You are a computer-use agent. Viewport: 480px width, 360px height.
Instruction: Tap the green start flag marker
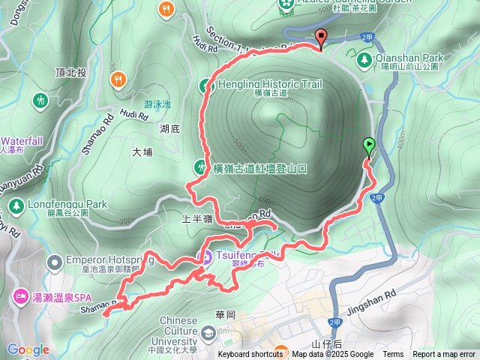(368, 145)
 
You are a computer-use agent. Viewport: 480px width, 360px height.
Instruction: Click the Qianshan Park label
(410, 58)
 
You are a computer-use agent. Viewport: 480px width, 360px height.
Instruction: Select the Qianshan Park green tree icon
(365, 58)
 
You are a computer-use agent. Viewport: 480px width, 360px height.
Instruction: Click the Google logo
(28, 349)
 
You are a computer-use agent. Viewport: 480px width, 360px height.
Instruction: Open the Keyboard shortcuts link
(250, 355)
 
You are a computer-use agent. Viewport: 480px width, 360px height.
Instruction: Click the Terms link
(393, 355)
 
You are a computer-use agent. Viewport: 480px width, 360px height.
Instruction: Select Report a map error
(444, 355)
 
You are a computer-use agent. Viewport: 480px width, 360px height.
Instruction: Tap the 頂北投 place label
(71, 73)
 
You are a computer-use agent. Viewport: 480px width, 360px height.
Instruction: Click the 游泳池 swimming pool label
(157, 106)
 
